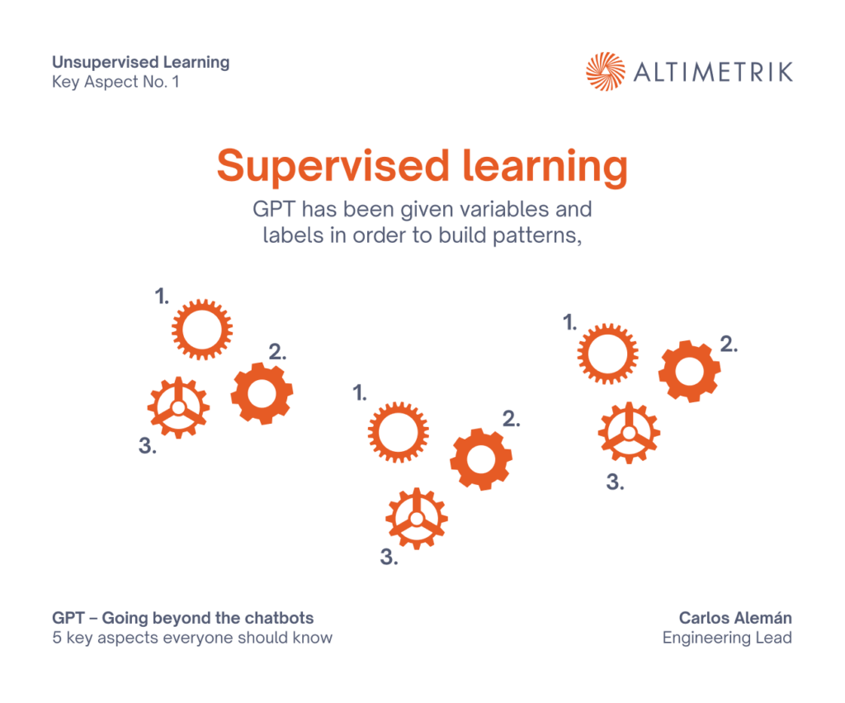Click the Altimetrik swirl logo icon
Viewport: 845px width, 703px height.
[x=605, y=72]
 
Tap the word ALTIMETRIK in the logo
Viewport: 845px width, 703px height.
[x=713, y=72]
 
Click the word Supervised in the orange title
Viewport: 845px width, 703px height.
[x=333, y=166]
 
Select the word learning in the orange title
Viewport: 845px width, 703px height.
[x=545, y=166]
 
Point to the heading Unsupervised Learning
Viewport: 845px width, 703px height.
[x=140, y=63]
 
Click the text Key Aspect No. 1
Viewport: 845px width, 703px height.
[x=116, y=82]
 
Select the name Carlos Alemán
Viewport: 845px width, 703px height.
[x=735, y=618]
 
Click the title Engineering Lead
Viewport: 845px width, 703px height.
[x=727, y=638]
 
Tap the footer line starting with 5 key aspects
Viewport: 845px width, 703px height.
[x=192, y=638]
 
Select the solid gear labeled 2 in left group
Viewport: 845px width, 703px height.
[x=262, y=393]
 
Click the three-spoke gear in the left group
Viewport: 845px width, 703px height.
[x=178, y=407]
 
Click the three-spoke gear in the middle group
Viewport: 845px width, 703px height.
[x=417, y=519]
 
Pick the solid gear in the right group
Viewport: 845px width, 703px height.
[x=689, y=371]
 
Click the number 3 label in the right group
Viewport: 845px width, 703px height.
[x=616, y=482]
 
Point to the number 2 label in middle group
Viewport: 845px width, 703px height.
[x=512, y=419]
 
